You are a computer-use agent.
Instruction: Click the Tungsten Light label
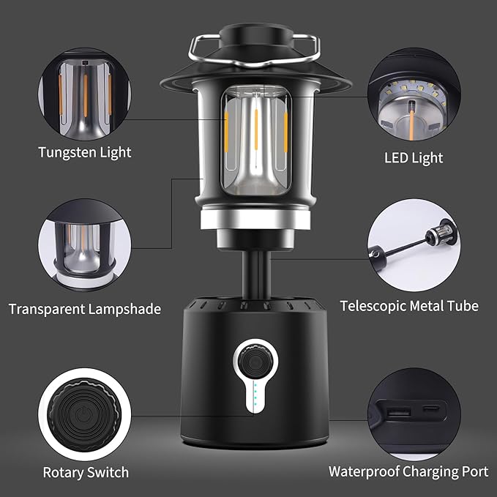(85, 152)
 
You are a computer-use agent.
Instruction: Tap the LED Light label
(414, 158)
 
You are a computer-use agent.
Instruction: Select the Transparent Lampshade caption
(85, 309)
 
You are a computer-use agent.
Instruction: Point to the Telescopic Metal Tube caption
(409, 306)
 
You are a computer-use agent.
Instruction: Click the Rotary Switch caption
(86, 472)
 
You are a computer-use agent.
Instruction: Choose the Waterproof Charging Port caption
(408, 471)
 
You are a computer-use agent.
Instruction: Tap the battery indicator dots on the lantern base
(255, 396)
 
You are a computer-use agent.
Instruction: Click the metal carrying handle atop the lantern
(254, 51)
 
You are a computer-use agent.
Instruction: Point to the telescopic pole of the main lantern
(256, 274)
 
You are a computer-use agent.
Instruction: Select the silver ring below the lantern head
(255, 219)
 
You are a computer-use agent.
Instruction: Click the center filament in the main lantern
(256, 130)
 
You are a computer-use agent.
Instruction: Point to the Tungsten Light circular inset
(85, 94)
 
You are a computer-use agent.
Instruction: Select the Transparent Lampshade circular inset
(85, 245)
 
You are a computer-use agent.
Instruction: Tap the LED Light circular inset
(414, 94)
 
